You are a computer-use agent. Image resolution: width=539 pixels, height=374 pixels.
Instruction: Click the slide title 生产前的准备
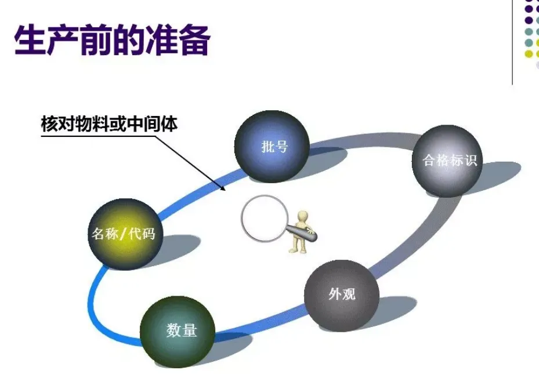click(x=111, y=39)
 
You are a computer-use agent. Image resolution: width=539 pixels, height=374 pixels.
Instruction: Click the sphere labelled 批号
click(x=272, y=146)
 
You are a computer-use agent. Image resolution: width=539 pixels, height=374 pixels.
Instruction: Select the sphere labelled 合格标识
click(x=450, y=161)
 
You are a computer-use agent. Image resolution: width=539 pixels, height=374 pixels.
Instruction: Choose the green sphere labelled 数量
click(x=178, y=331)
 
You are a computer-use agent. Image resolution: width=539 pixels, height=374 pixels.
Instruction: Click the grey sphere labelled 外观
click(x=341, y=295)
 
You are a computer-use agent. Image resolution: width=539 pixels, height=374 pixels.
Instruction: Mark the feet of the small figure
click(x=296, y=250)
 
